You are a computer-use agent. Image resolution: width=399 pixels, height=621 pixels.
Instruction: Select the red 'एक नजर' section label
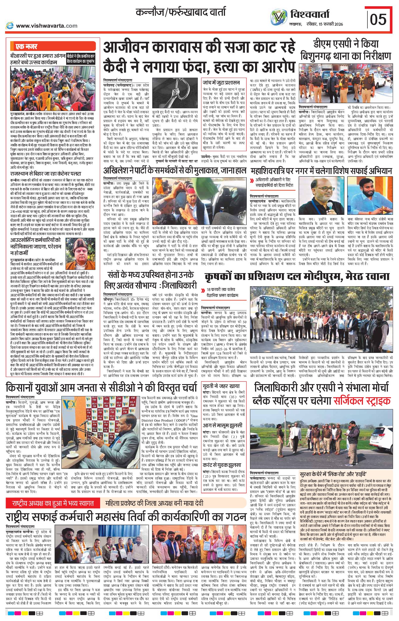27,47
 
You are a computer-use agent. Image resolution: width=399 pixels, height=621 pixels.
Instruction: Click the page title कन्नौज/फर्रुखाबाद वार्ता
181,12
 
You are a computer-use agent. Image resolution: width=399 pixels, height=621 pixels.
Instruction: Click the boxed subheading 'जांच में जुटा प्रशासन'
221,82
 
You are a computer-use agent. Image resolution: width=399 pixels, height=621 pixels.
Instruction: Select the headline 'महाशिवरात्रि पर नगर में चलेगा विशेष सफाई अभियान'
321,171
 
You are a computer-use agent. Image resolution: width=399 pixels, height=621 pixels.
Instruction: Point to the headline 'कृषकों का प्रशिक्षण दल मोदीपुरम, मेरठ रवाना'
297,277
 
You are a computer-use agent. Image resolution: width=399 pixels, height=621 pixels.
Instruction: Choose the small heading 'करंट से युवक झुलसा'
222,465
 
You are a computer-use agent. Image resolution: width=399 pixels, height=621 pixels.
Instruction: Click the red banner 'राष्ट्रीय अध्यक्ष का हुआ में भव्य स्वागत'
53,503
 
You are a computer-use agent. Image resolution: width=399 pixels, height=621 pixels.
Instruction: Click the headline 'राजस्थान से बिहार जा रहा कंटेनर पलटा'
46,173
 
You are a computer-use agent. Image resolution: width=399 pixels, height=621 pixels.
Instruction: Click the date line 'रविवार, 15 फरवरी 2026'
325,24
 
